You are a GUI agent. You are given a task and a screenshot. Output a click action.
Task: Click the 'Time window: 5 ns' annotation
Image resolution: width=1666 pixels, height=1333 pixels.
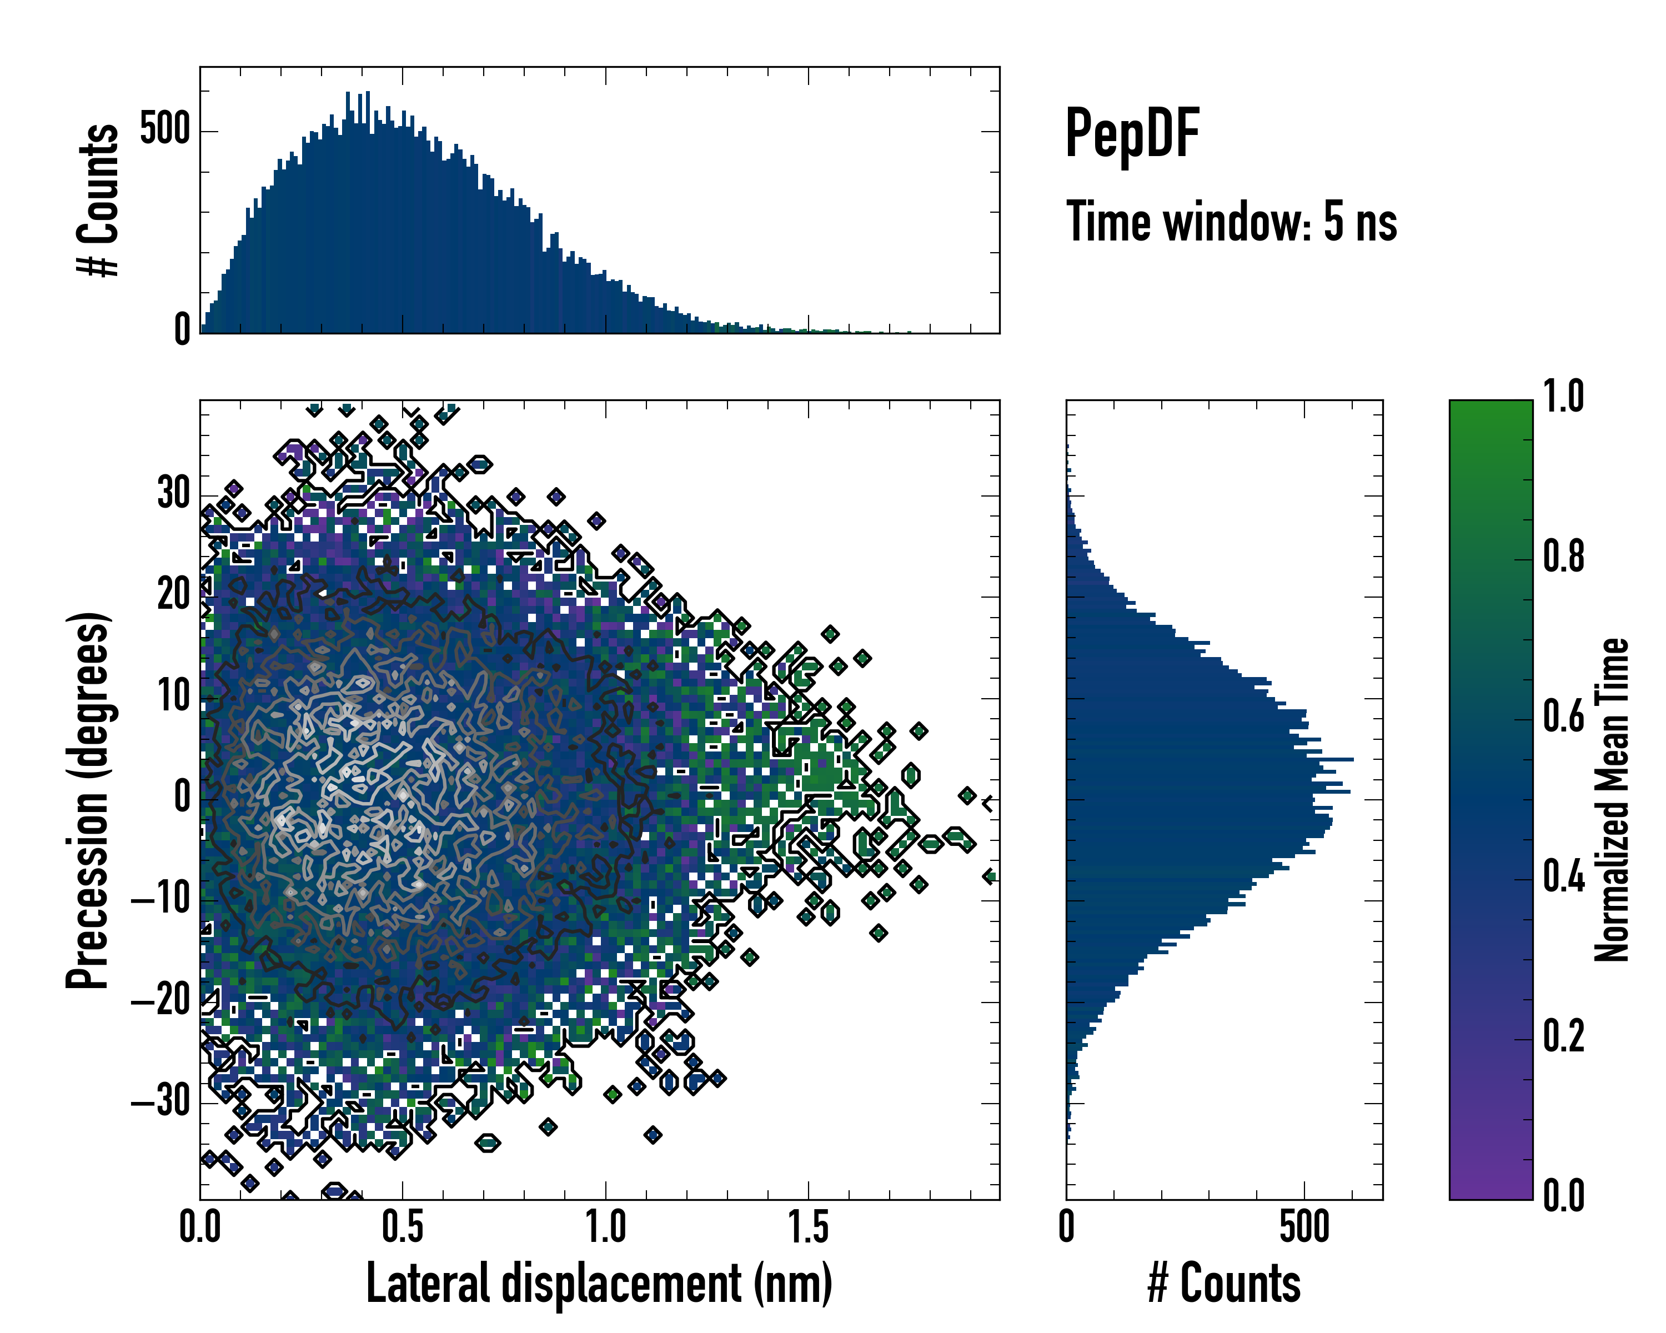(x=1231, y=222)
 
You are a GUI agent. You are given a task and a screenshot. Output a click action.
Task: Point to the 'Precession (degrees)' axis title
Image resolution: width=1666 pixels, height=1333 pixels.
(x=87, y=800)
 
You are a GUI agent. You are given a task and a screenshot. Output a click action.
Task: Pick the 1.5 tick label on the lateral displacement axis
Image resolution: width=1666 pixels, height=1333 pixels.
(x=808, y=1227)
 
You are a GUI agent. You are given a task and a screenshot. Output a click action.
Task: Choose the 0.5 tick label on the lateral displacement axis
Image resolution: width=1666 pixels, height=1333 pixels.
(x=403, y=1227)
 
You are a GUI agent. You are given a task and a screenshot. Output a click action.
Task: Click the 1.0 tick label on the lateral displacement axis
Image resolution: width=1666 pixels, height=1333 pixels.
(x=605, y=1227)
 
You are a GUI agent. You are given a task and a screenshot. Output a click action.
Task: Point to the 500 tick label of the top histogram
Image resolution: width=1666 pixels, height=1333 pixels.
(x=165, y=129)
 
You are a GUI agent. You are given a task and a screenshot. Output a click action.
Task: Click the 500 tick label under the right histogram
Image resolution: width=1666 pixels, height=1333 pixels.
(x=1304, y=1227)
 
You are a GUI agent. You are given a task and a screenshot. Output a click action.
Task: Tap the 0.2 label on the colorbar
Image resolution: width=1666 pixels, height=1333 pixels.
(x=1563, y=1035)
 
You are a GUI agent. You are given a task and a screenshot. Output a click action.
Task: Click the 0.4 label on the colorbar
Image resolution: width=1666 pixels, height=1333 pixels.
(x=1563, y=876)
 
